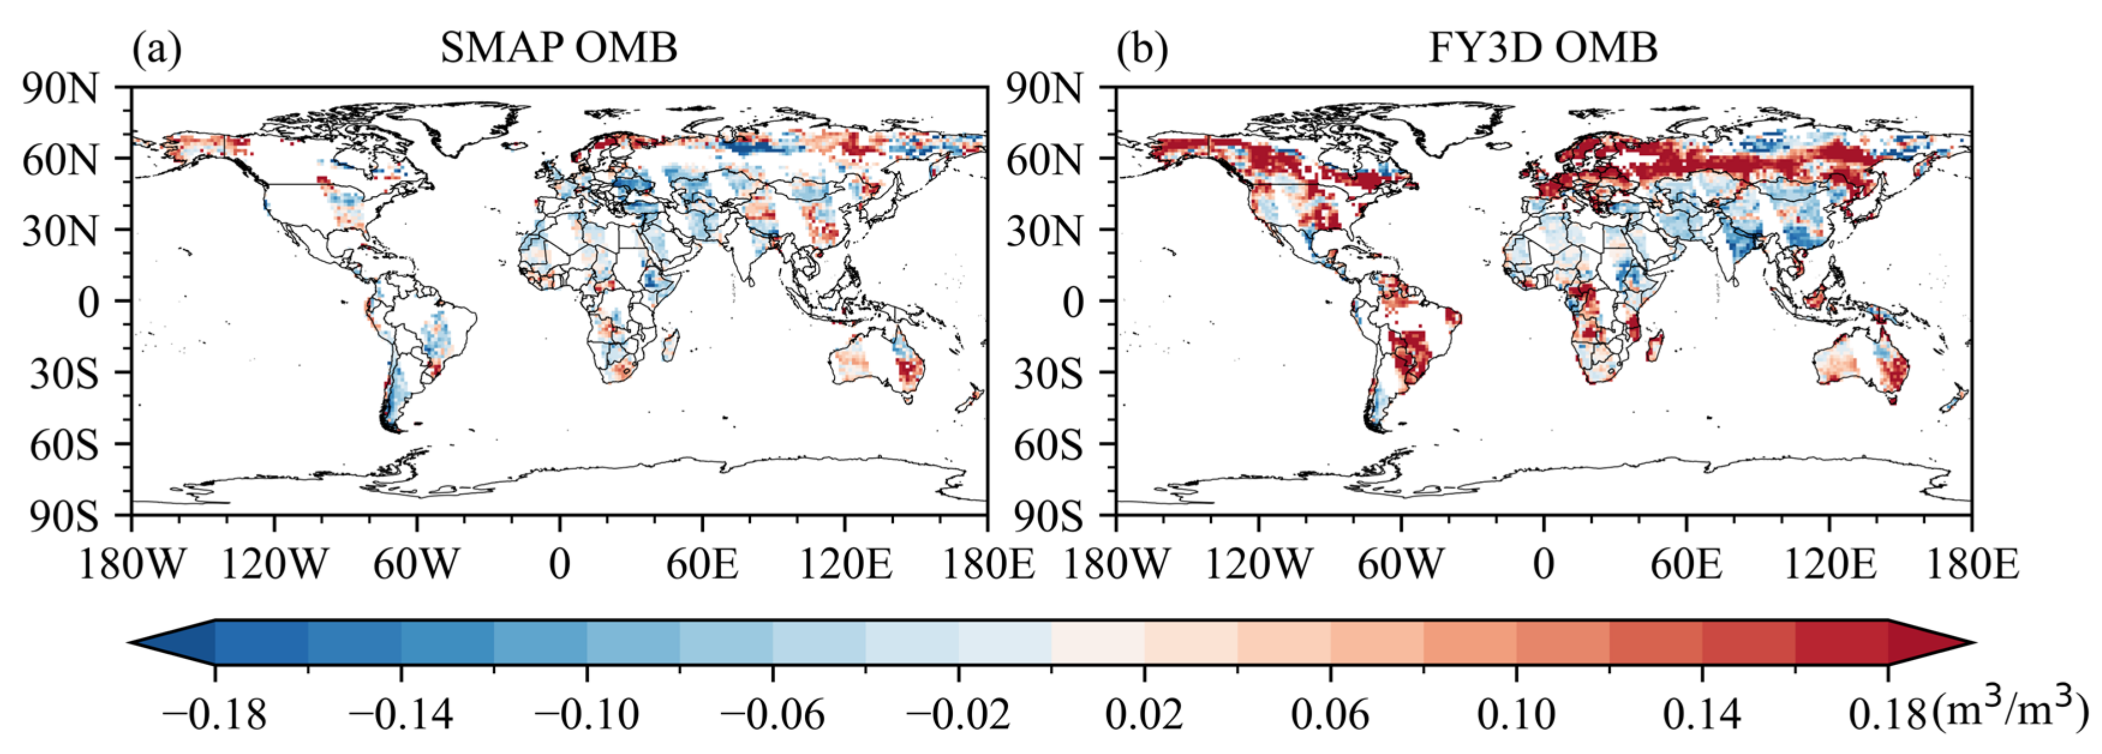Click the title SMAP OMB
coord(559,48)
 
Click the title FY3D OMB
coord(1543,48)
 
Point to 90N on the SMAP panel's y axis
coord(61,89)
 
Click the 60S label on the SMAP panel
coord(64,445)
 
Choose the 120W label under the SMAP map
coord(274,564)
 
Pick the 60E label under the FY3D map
coord(1686,564)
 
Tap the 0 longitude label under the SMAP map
coord(560,564)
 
